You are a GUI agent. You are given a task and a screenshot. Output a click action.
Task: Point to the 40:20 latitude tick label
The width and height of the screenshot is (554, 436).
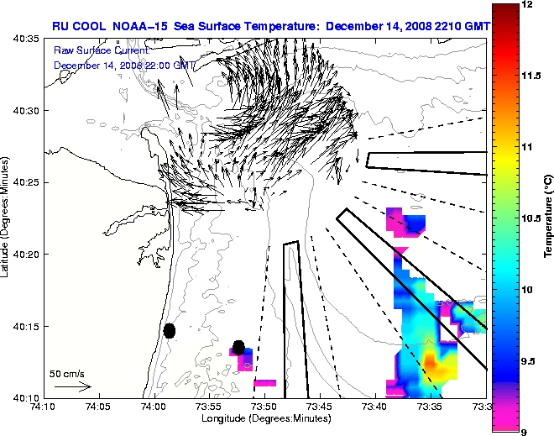tap(26, 254)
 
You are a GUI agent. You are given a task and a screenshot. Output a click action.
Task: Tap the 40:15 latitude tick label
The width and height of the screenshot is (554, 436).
tap(26, 326)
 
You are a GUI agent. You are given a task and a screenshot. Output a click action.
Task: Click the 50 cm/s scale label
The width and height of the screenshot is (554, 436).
tap(66, 373)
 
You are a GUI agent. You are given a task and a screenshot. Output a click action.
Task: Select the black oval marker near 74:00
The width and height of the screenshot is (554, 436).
tap(170, 330)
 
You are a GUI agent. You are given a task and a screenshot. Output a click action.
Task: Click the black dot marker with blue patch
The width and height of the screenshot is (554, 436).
tap(239, 346)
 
